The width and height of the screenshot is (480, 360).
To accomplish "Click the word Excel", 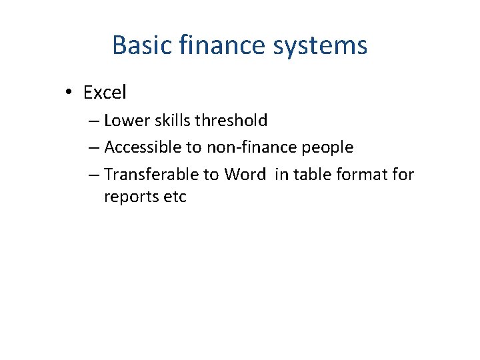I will (105, 93).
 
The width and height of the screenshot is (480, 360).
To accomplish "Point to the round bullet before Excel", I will (70, 93).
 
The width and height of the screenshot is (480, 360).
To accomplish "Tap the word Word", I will (245, 175).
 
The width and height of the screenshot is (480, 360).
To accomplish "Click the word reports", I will (131, 197).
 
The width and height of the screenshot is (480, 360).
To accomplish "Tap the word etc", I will (175, 197).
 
